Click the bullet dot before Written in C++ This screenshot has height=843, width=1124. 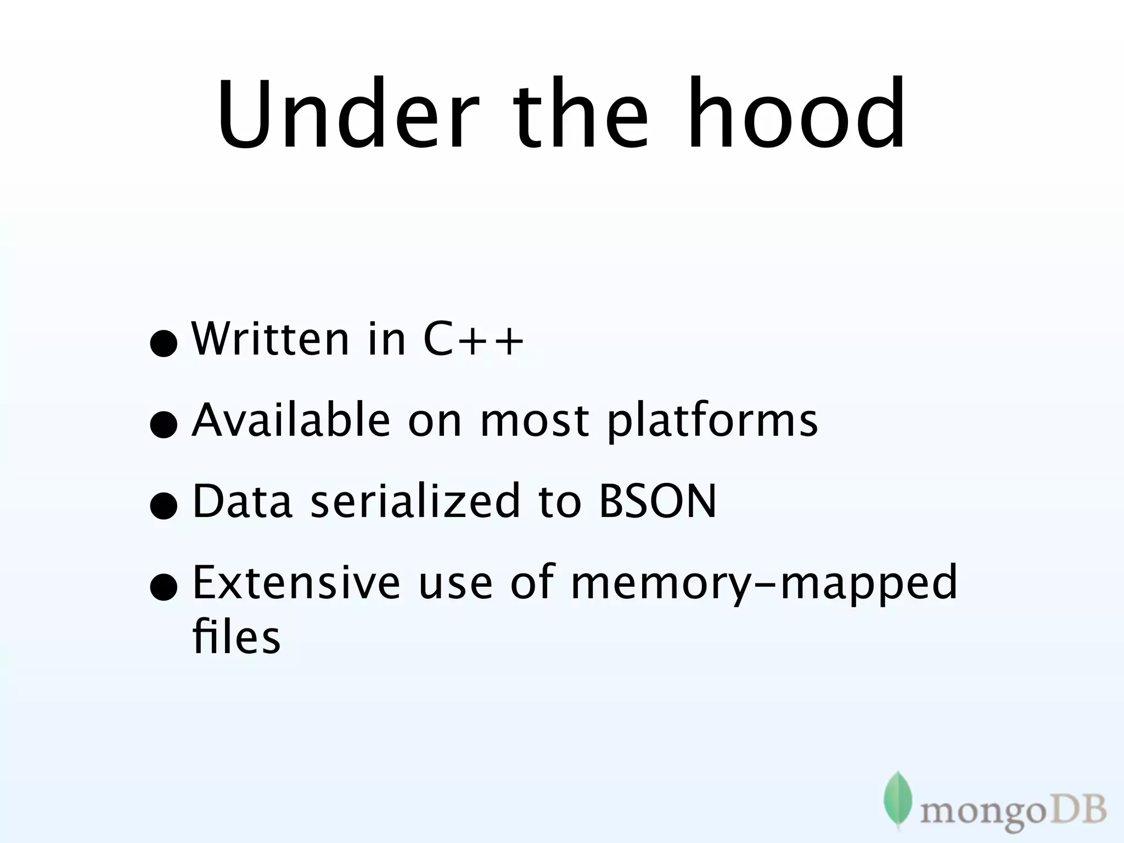[164, 344]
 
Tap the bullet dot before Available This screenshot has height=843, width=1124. [164, 425]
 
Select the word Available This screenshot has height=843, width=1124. [291, 420]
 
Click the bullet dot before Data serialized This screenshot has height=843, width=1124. [164, 505]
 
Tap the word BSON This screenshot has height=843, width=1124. [657, 501]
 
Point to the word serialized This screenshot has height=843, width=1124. [414, 501]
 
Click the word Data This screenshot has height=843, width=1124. [242, 501]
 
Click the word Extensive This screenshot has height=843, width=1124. [296, 582]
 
